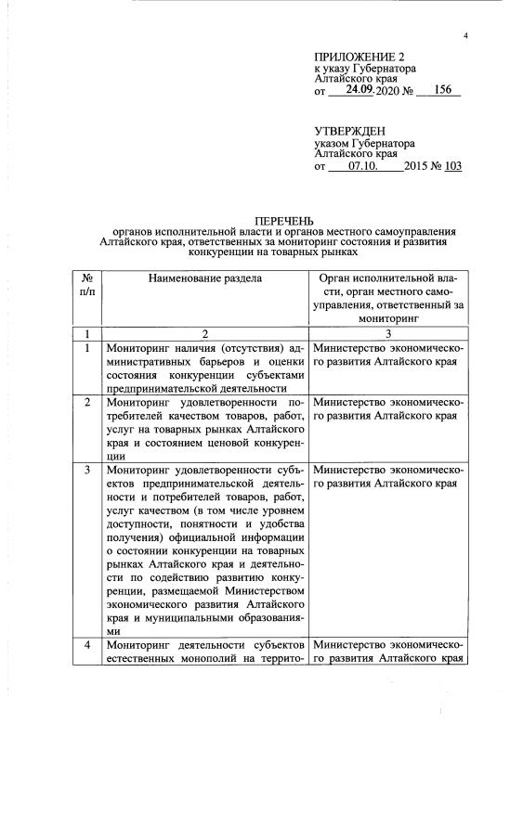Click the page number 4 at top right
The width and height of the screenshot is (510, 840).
(465, 35)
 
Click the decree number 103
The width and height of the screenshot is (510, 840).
(453, 167)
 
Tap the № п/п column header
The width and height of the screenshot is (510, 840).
(85, 284)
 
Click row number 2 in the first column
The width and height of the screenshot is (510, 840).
(86, 402)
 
